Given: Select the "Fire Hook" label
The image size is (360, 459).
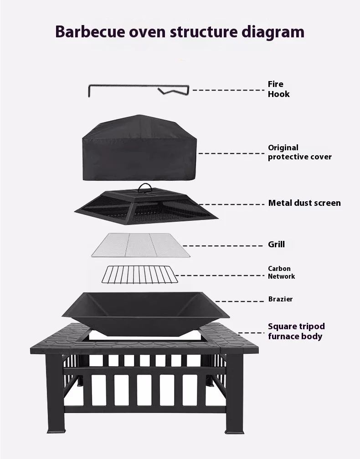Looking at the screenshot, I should pyautogui.click(x=278, y=89).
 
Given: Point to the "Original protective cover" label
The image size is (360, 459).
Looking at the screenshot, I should pyautogui.click(x=299, y=152).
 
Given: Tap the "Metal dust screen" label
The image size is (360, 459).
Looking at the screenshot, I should pyautogui.click(x=304, y=203).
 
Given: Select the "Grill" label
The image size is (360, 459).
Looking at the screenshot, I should pyautogui.click(x=276, y=245).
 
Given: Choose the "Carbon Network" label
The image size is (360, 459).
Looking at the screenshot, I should pyautogui.click(x=281, y=272).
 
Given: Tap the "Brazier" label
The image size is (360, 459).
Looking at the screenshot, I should pyautogui.click(x=280, y=299).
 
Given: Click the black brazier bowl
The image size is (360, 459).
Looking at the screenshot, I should pyautogui.click(x=139, y=310).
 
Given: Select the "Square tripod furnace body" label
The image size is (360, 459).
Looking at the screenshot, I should pyautogui.click(x=296, y=331).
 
